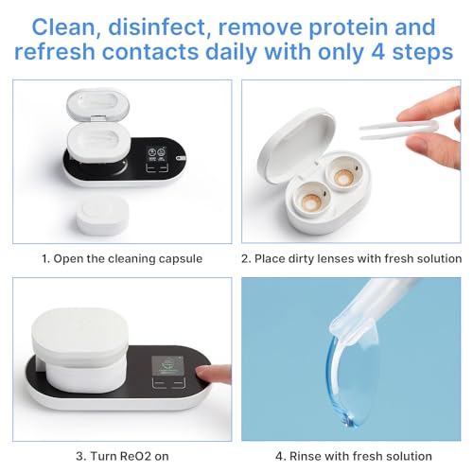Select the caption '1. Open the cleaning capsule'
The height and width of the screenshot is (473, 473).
point(121,257)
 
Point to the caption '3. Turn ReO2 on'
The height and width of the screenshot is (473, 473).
point(121,455)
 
